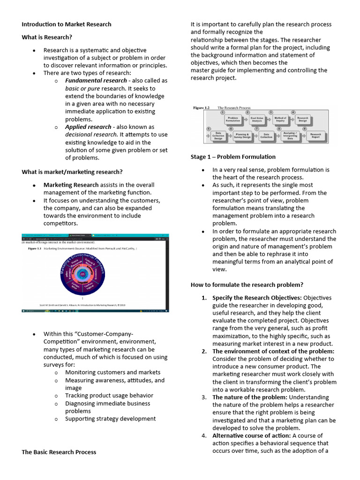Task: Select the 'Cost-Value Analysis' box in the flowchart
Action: (x=256, y=119)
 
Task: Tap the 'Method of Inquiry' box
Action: (x=280, y=119)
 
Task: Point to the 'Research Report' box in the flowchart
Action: (x=316, y=136)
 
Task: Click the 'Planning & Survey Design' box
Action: (x=243, y=136)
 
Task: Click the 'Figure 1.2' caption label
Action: (x=201, y=108)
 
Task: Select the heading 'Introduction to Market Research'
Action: (x=67, y=24)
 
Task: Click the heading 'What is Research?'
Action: (x=47, y=37)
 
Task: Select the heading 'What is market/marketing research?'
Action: (x=72, y=172)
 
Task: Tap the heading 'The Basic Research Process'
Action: (x=59, y=452)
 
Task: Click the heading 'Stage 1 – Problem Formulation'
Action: (x=233, y=157)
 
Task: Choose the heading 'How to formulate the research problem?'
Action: (x=247, y=285)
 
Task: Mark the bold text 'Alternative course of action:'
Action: (x=251, y=435)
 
